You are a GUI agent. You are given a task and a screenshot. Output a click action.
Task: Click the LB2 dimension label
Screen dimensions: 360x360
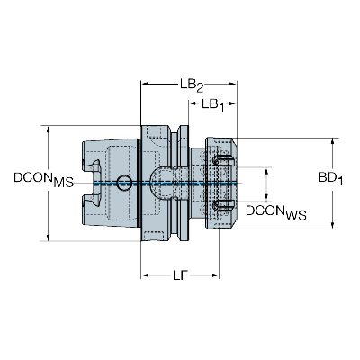(192, 85)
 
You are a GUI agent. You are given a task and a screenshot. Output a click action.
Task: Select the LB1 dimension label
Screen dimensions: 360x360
(213, 105)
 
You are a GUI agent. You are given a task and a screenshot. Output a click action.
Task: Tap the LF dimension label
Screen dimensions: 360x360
(180, 274)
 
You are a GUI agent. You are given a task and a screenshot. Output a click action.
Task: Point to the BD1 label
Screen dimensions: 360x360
(330, 179)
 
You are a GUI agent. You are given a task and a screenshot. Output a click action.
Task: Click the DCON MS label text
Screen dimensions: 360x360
(43, 179)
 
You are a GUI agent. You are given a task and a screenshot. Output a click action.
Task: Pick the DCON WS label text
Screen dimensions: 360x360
(276, 212)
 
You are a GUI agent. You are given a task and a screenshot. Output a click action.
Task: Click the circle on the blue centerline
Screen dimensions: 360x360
(124, 183)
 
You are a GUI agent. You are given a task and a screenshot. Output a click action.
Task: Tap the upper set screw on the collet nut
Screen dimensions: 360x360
(223, 160)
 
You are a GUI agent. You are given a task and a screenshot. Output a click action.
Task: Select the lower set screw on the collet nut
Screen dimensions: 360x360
(223, 205)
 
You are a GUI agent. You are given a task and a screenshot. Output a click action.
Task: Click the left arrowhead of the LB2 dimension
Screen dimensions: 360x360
(146, 84)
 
